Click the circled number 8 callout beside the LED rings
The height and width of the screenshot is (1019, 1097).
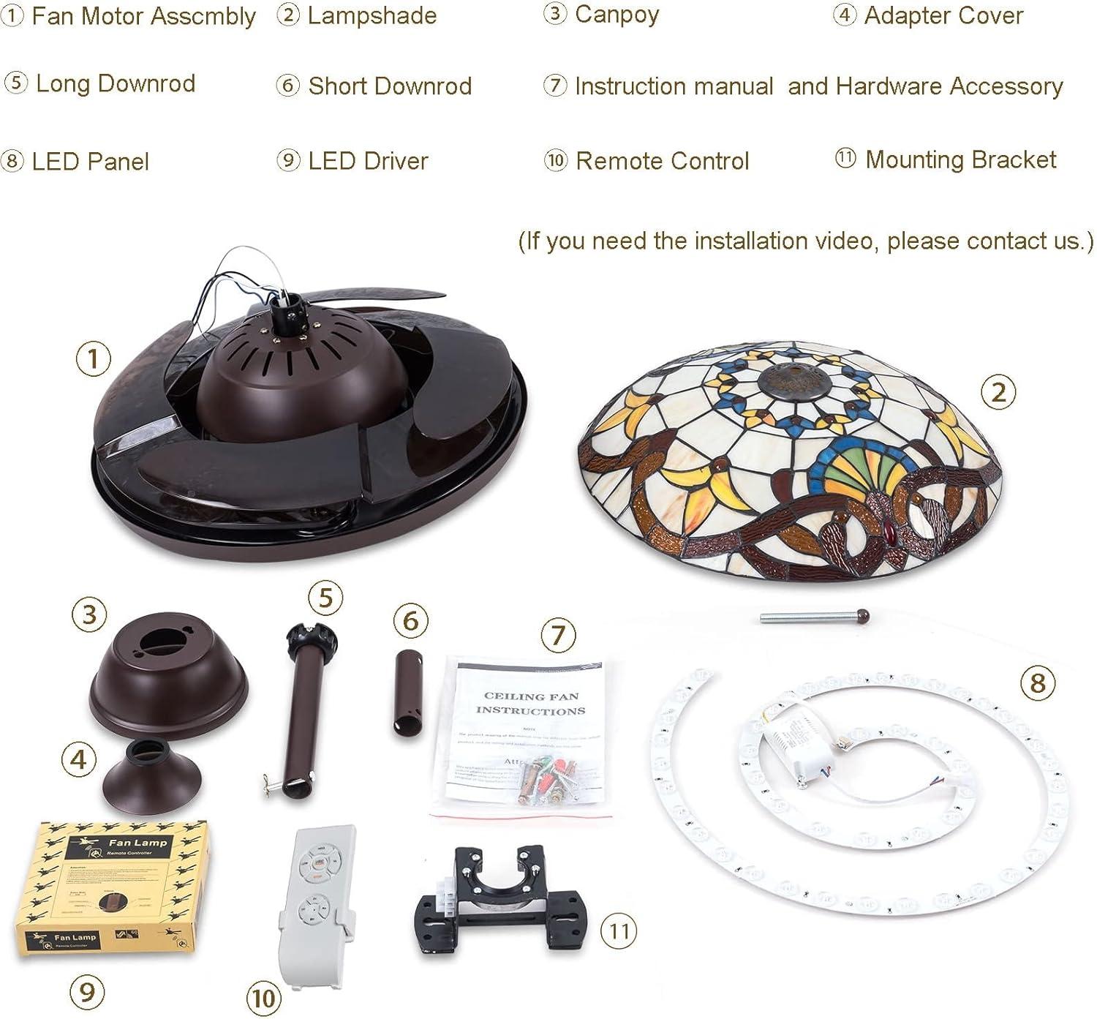1037,683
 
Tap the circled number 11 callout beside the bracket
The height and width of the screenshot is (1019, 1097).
619,930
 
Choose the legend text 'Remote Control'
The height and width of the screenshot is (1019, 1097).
662,161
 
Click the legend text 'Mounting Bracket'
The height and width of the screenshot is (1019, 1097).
960,159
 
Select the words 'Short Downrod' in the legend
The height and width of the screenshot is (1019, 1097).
389,86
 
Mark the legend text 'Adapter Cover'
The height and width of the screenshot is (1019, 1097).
943,15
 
